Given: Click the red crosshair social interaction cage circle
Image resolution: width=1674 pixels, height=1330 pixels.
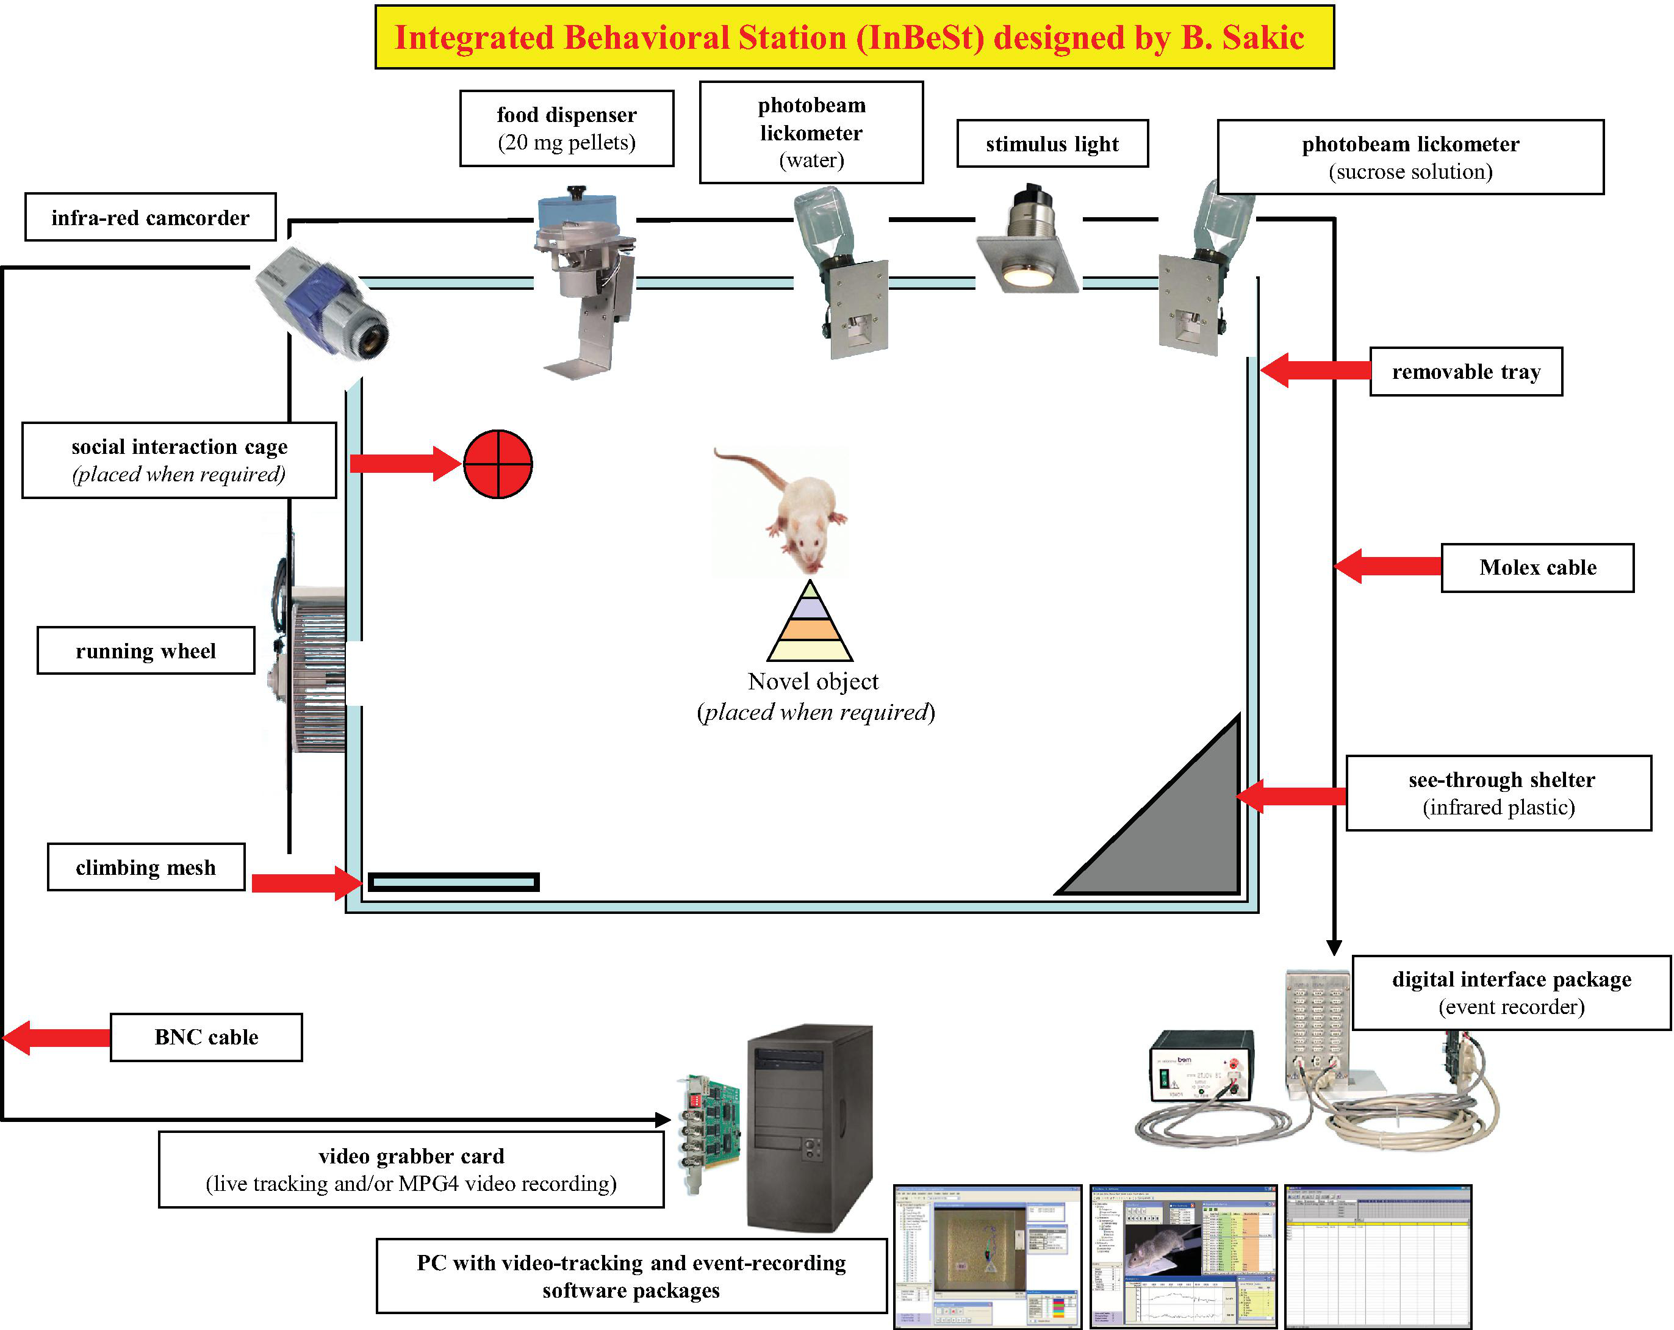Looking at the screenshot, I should (x=498, y=464).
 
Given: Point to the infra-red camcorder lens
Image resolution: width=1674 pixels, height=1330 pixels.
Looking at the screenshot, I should (x=373, y=339).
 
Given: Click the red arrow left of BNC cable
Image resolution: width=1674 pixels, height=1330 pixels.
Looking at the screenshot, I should (x=56, y=1037).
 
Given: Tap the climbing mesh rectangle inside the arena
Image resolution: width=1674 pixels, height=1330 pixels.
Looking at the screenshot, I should (x=453, y=882).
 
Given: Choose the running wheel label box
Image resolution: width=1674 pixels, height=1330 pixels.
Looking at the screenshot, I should (x=146, y=650).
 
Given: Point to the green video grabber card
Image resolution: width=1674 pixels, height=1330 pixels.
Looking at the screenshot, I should (x=711, y=1130).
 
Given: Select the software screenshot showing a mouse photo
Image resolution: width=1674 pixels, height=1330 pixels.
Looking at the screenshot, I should (x=1182, y=1256).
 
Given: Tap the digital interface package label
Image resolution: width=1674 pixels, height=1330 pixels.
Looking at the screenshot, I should (x=1511, y=992).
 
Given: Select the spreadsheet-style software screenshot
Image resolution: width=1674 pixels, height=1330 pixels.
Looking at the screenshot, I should (x=1378, y=1256).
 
